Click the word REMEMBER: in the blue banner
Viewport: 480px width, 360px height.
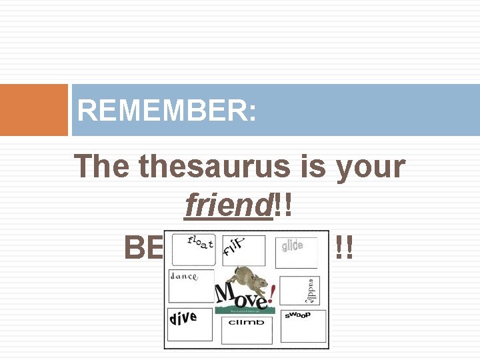tap(167, 111)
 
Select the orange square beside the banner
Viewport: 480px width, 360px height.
tap(34, 110)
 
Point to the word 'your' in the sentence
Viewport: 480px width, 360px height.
tap(370, 167)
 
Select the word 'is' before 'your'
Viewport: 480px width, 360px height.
tap(313, 167)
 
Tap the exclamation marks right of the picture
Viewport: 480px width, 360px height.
tap(344, 249)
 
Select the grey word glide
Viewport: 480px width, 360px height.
tap(292, 246)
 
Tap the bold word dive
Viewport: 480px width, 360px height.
tap(183, 318)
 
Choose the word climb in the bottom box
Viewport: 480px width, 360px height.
tap(246, 322)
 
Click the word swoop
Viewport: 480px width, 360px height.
tap(297, 315)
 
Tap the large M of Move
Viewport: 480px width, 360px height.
tap(225, 294)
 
